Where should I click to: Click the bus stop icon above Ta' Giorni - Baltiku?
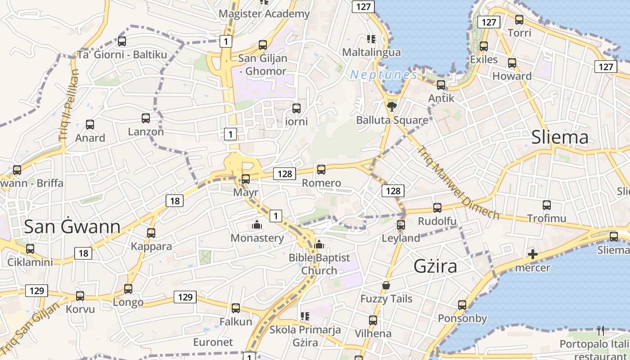click(121, 41)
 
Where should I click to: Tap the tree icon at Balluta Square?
click(391, 107)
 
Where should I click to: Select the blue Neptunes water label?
click(383, 75)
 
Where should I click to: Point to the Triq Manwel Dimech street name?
click(458, 182)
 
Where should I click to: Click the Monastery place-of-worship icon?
click(257, 224)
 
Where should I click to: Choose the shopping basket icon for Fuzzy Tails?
click(386, 285)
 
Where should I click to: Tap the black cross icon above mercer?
click(533, 255)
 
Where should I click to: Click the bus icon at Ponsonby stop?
click(462, 305)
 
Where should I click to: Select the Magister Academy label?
click(264, 14)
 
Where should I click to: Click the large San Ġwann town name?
click(72, 226)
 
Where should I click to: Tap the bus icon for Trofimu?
click(547, 205)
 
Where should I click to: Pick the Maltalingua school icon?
click(371, 39)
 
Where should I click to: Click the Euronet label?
click(213, 342)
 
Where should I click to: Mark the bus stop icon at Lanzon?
click(146, 118)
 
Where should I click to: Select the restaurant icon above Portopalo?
click(601, 331)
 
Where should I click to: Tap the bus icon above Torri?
click(519, 20)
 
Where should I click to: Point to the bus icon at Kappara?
click(151, 233)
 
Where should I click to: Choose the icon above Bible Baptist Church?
click(319, 244)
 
